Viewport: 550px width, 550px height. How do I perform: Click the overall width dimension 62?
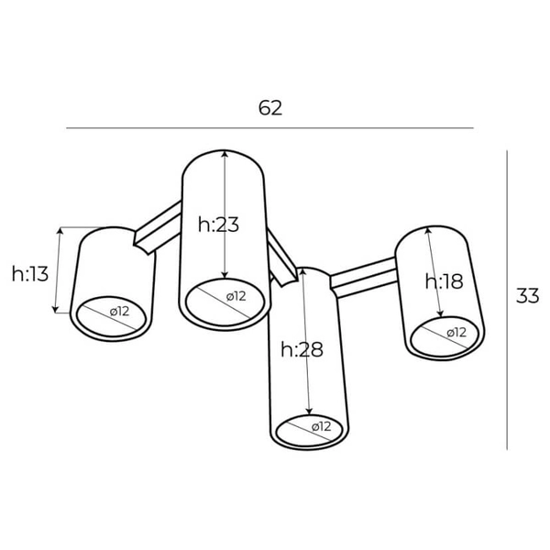pos(269,107)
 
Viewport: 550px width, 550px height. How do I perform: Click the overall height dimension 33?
pos(526,296)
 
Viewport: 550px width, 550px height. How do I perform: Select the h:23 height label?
pos(218,224)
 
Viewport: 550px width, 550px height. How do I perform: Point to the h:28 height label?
pos(302,349)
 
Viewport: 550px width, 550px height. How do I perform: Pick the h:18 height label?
pos(445,281)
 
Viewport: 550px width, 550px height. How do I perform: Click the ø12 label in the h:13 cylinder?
pos(119,312)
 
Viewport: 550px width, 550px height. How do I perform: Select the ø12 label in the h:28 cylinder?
pos(320,426)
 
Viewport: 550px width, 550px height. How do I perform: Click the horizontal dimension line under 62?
pos(269,128)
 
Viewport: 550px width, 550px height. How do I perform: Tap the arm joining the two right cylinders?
pos(364,276)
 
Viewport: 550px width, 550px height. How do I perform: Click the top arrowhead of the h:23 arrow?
pos(225,154)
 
